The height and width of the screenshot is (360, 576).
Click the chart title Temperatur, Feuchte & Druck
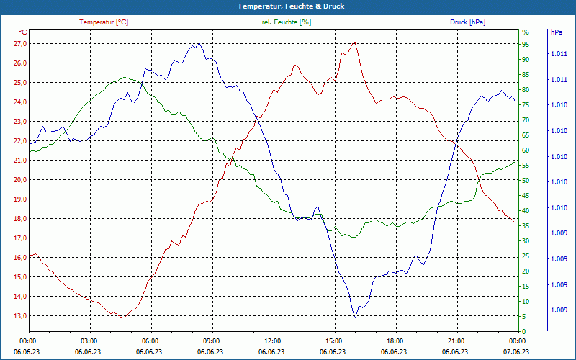click(287, 6)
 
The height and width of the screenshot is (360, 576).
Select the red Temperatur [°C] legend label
click(104, 22)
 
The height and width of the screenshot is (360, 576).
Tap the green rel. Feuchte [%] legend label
click(287, 22)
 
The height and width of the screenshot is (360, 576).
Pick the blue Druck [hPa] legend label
click(467, 22)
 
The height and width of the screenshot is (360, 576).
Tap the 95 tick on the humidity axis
click(526, 43)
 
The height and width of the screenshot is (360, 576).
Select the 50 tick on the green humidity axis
click(526, 180)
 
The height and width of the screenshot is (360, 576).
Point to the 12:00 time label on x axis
click(272, 341)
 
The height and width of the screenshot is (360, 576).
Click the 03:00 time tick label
click(89, 341)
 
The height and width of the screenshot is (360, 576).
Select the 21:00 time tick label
click(456, 341)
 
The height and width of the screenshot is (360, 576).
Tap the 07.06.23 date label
click(517, 351)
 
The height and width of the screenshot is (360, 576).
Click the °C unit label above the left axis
click(23, 32)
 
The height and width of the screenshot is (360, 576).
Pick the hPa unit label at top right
click(557, 32)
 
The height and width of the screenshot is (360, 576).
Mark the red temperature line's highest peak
click(354, 43)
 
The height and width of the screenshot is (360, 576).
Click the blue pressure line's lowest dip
click(355, 317)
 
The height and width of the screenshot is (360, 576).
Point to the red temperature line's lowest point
click(123, 317)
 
